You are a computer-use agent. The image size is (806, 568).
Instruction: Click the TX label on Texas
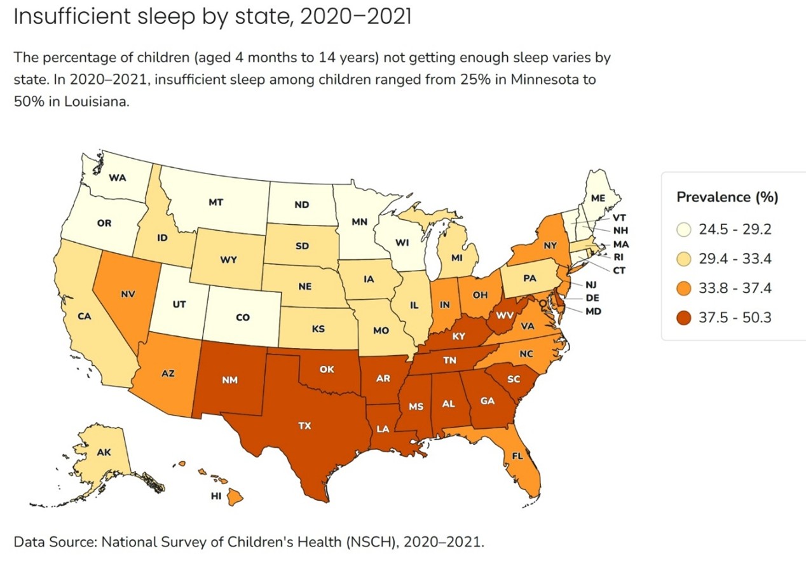[304, 426]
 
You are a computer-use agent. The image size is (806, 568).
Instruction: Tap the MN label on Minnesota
[360, 223]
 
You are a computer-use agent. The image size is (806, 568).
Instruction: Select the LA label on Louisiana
[383, 429]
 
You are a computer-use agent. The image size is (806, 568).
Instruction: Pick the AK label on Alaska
[104, 453]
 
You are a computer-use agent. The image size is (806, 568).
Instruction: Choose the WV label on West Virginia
[505, 315]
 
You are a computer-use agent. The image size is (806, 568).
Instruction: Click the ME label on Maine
[598, 198]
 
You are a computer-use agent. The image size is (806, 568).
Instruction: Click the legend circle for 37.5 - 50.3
[685, 317]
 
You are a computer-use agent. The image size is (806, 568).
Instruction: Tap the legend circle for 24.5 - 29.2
[685, 229]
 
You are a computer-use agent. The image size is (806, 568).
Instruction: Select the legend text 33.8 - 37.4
[735, 288]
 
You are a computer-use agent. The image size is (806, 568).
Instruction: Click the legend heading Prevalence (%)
[727, 196]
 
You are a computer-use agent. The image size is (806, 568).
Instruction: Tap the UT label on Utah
[179, 305]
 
